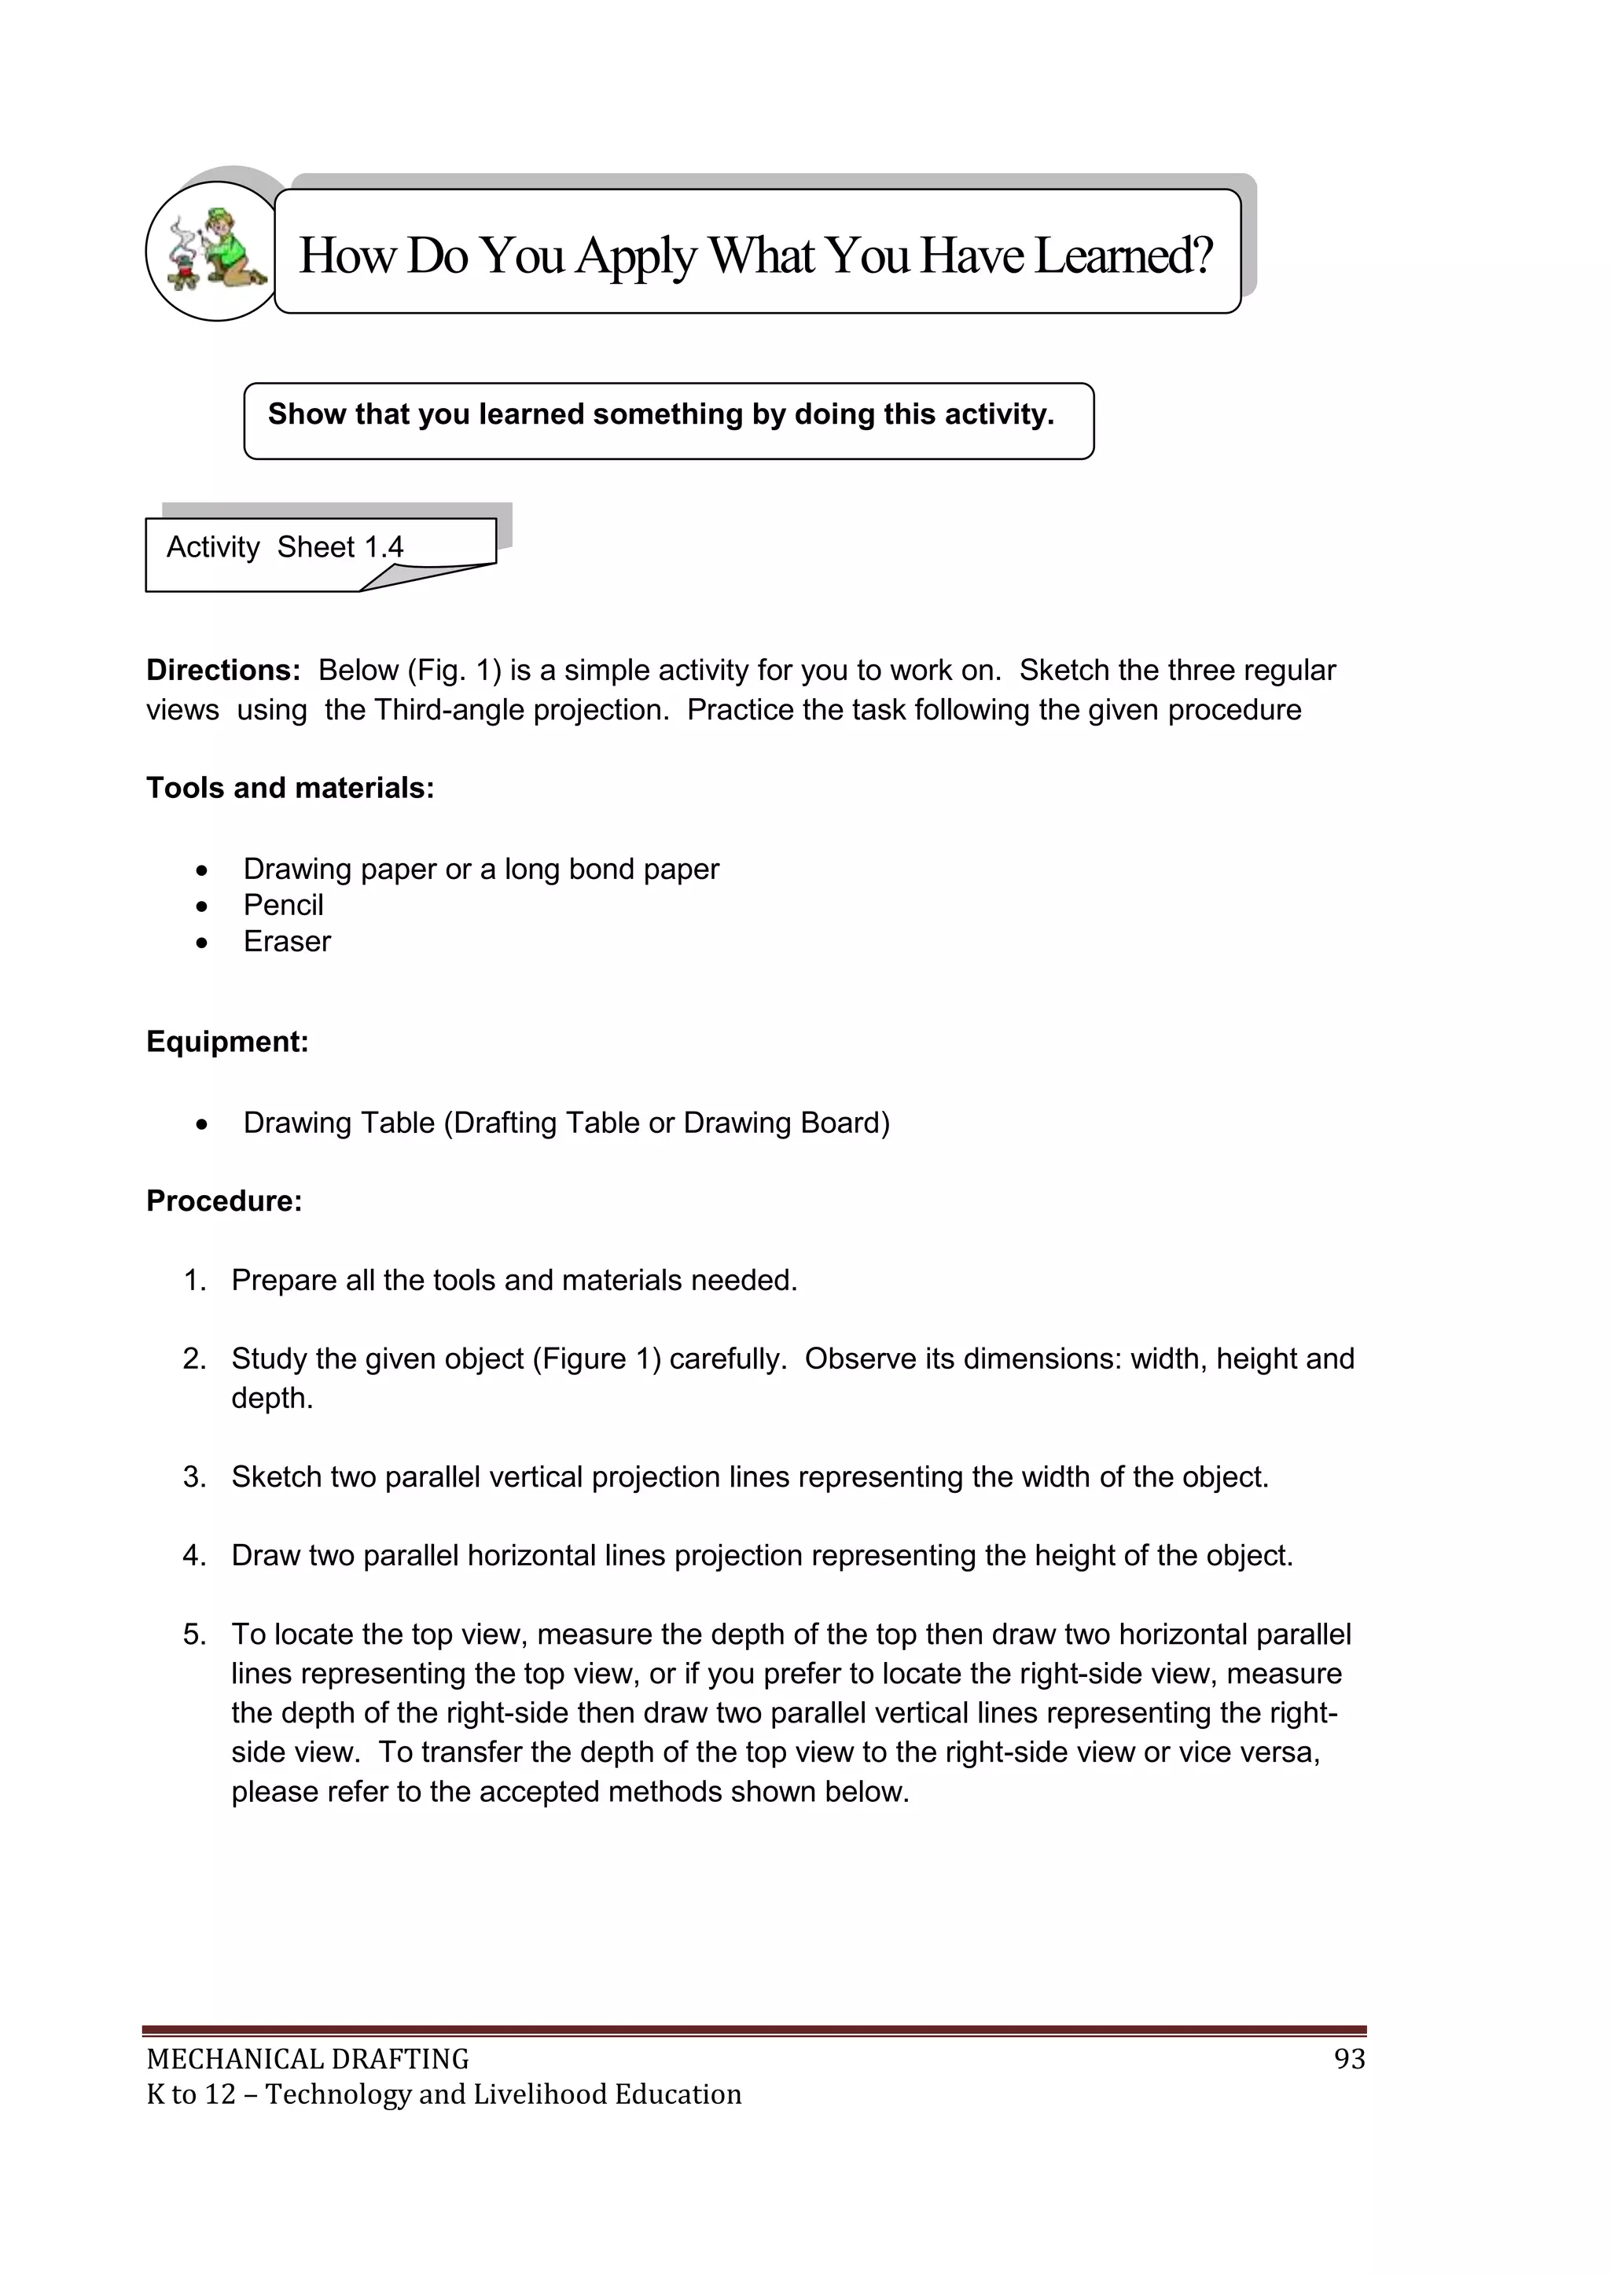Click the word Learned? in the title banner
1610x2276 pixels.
click(x=1123, y=256)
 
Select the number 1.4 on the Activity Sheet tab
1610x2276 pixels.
click(x=384, y=547)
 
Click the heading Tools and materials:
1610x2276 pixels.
click(x=290, y=787)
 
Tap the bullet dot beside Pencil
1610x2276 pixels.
click(x=202, y=906)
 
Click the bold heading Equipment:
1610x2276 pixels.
click(x=227, y=1041)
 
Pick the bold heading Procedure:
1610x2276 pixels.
click(x=224, y=1201)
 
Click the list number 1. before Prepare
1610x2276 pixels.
click(x=194, y=1280)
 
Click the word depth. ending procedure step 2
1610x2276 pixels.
click(x=272, y=1398)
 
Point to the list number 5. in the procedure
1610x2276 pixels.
click(x=194, y=1634)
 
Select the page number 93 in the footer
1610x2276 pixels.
click(x=1349, y=2059)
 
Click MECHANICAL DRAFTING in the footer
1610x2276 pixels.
click(x=307, y=2059)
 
